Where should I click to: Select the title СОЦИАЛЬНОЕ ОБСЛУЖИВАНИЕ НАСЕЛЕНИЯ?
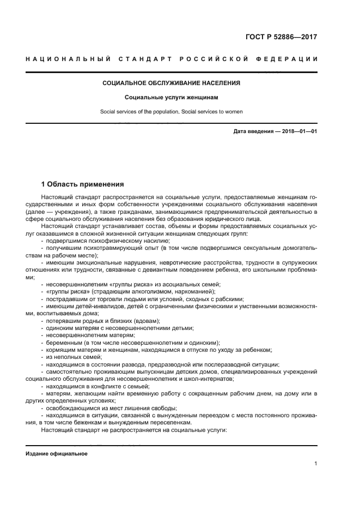point(172,83)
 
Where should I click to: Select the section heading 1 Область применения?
point(82,184)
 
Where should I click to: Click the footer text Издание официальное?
point(57,454)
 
